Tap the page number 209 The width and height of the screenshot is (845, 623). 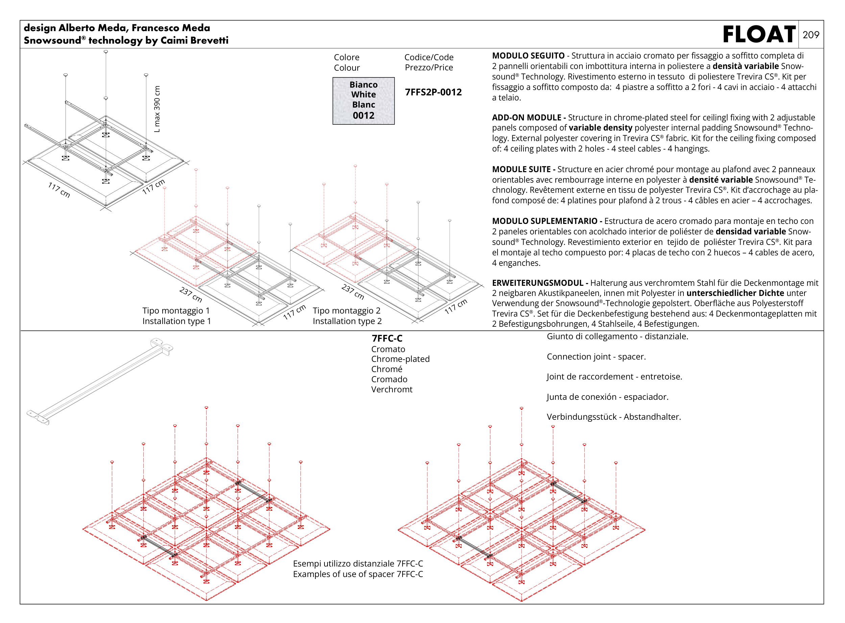pos(811,35)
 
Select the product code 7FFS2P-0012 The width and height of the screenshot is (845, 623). pos(433,92)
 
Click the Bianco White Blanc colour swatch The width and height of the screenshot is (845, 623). pos(363,100)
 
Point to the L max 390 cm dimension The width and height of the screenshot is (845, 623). pos(157,109)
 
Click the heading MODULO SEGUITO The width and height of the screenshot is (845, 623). pos(528,56)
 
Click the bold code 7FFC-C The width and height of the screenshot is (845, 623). pos(387,338)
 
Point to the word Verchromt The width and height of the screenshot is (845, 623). pos(392,389)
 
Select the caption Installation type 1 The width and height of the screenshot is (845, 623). pos(176,321)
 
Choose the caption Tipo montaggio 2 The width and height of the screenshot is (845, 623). pos(346,310)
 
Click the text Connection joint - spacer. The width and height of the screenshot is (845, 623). pos(596,356)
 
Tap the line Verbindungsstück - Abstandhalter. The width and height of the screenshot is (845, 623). pos(613,417)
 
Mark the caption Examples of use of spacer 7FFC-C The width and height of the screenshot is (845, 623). pos(358,574)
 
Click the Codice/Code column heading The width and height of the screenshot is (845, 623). pos(429,57)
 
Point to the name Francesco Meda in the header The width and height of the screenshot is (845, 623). pos(171,28)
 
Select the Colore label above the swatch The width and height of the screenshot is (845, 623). pos(346,57)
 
